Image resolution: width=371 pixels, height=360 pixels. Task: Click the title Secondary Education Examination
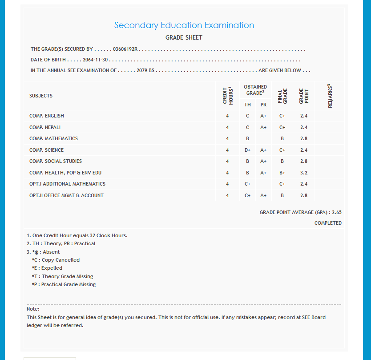pos(184,25)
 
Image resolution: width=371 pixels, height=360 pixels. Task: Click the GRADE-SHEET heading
pos(184,38)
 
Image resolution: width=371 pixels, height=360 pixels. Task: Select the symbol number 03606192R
pos(125,49)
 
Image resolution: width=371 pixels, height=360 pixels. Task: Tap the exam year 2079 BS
pos(145,70)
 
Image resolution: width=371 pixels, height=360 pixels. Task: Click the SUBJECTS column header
pos(41,96)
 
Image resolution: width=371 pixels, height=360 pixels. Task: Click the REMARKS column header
pos(330,96)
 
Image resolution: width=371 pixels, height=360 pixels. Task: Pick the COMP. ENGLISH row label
pos(47,116)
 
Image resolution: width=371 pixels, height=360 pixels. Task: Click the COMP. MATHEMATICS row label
pos(53,138)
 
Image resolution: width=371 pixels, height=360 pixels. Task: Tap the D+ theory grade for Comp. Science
pos(248,150)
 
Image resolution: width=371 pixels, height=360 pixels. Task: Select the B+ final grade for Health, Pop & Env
pos(282,173)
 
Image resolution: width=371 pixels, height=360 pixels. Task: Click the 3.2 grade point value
pos(304,173)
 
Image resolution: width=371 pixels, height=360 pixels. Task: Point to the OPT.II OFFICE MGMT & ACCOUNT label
pos(66,195)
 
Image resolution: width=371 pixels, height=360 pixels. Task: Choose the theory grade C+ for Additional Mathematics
pos(248,184)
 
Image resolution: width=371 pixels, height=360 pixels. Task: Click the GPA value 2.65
pos(337,212)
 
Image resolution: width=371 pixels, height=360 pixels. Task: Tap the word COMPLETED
pos(328,223)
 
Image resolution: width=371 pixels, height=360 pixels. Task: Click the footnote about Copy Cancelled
pos(56,260)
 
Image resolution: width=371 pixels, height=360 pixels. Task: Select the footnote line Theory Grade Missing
pos(62,276)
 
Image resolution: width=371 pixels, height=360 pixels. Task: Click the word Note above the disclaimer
pos(33,308)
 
